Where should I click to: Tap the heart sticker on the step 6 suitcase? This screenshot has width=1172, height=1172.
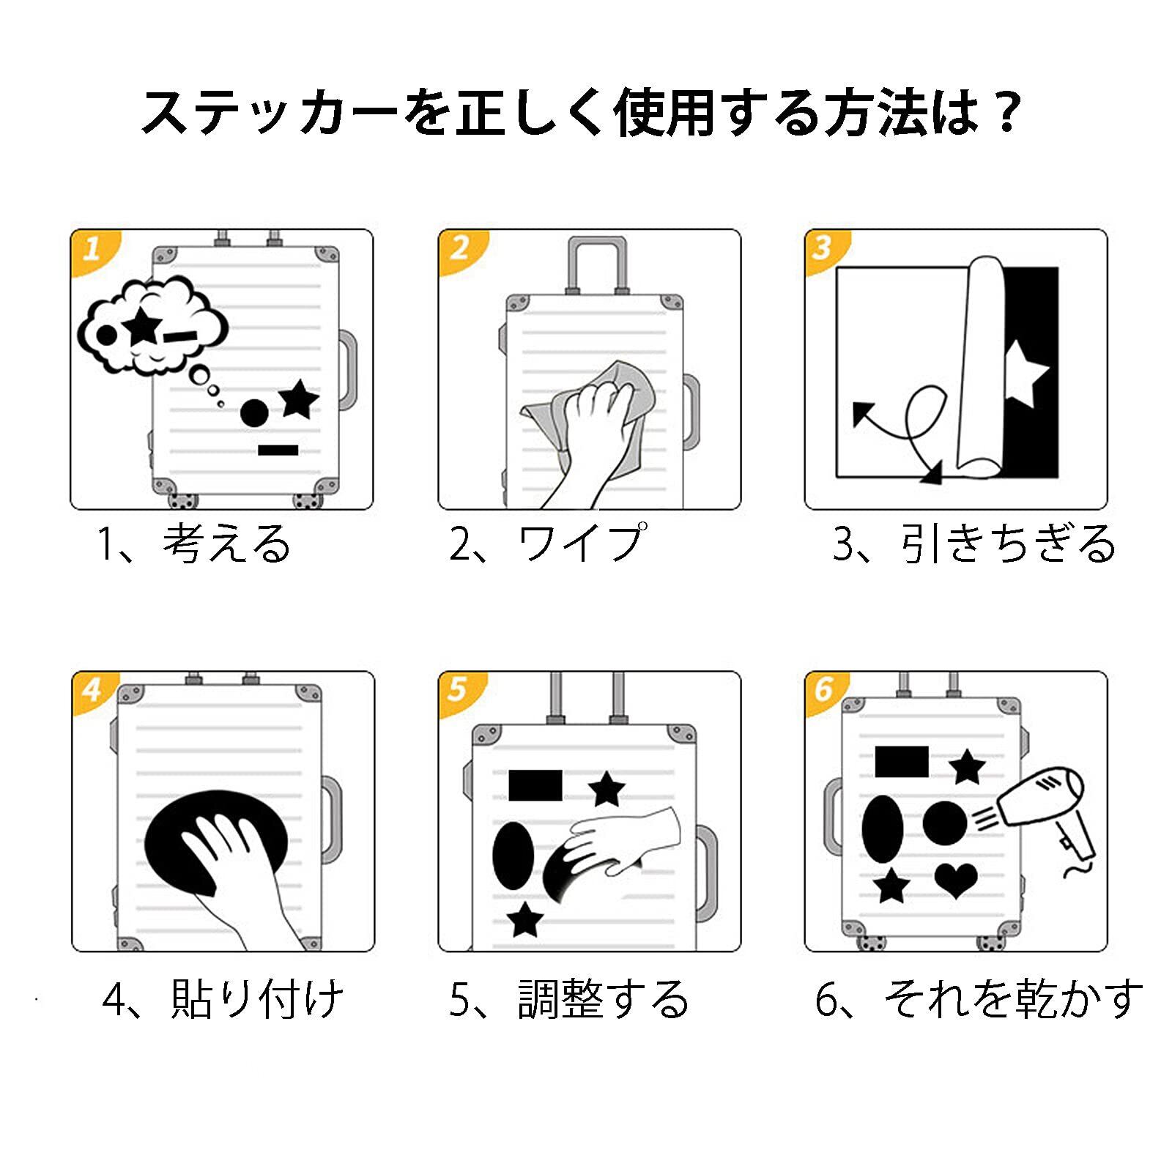[x=956, y=880]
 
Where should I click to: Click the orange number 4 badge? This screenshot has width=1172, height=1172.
[x=92, y=690]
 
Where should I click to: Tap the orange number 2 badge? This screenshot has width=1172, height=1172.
[x=459, y=248]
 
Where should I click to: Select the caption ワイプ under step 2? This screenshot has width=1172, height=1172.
[x=582, y=544]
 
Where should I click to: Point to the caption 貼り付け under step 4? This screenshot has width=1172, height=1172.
[x=257, y=999]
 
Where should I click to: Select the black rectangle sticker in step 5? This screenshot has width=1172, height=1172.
[x=535, y=785]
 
